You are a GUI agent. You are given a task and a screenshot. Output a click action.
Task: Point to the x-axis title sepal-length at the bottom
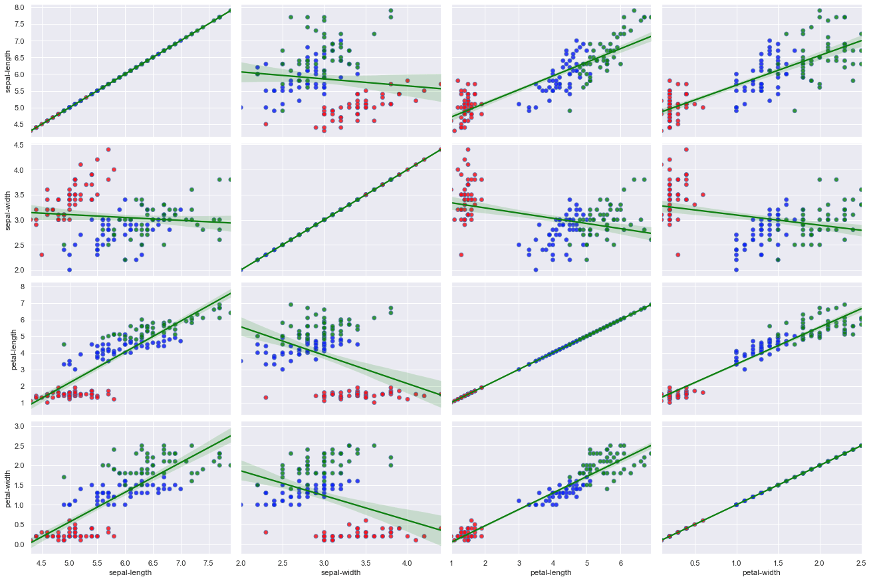[130, 572]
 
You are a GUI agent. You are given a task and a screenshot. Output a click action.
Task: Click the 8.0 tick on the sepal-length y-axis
[19, 7]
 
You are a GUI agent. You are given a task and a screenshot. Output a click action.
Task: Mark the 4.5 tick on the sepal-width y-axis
[19, 146]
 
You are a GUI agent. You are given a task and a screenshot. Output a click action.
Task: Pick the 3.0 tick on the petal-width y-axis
[19, 425]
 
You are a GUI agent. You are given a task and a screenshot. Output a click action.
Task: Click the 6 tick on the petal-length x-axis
[621, 562]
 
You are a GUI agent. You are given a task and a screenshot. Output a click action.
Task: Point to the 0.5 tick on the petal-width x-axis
[695, 562]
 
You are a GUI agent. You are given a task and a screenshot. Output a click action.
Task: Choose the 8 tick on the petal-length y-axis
[23, 287]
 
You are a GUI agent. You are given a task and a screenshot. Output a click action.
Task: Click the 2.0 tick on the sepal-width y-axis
[19, 270]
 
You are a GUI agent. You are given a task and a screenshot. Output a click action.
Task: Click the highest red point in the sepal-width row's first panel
[108, 150]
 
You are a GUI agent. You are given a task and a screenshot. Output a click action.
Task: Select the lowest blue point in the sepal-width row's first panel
[69, 270]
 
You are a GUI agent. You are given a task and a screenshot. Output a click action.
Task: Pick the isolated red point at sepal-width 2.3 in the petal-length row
[266, 398]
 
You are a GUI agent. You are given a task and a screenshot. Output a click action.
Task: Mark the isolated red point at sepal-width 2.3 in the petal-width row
[266, 532]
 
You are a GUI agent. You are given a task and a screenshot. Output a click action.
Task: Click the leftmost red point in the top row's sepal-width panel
[266, 124]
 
